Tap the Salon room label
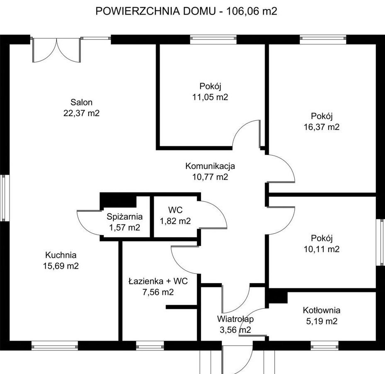click(82, 102)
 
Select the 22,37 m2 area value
click(82, 113)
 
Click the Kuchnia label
click(61, 255)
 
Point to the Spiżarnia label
click(125, 217)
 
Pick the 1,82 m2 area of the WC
click(175, 221)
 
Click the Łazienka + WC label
click(158, 281)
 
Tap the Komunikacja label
click(210, 166)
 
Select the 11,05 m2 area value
click(210, 97)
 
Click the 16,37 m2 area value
click(322, 127)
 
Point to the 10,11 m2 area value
click(322, 249)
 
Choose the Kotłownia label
click(322, 310)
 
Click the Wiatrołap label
click(235, 319)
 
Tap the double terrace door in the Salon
click(56, 50)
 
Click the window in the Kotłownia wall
click(324, 345)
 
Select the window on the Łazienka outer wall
click(150, 345)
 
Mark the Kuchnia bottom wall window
click(55, 345)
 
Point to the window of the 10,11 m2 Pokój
click(380, 242)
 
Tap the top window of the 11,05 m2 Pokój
click(213, 39)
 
